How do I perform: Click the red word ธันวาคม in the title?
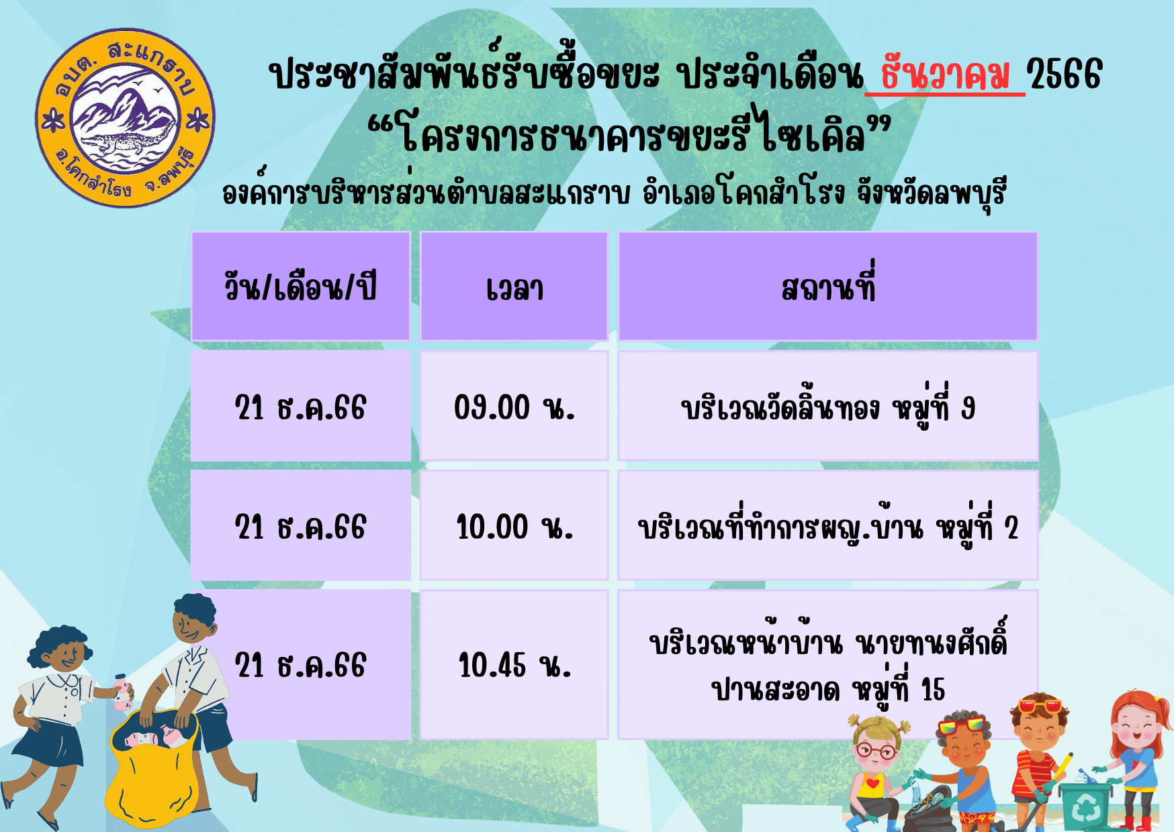945,74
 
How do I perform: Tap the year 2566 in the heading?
1065,74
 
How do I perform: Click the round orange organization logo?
125,118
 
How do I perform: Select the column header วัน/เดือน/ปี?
300,287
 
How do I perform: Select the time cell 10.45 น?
514,665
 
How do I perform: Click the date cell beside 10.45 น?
300,665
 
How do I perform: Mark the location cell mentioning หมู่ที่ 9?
828,406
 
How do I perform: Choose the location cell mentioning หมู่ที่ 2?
828,525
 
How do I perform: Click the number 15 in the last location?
933,690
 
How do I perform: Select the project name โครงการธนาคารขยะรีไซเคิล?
631,133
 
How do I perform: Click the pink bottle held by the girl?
122,693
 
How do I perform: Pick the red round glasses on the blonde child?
874,751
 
